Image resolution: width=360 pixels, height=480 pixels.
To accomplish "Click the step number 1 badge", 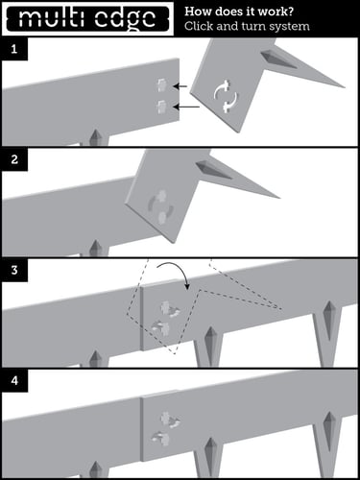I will coord(12,47).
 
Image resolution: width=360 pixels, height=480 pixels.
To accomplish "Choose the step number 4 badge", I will coord(12,380).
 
